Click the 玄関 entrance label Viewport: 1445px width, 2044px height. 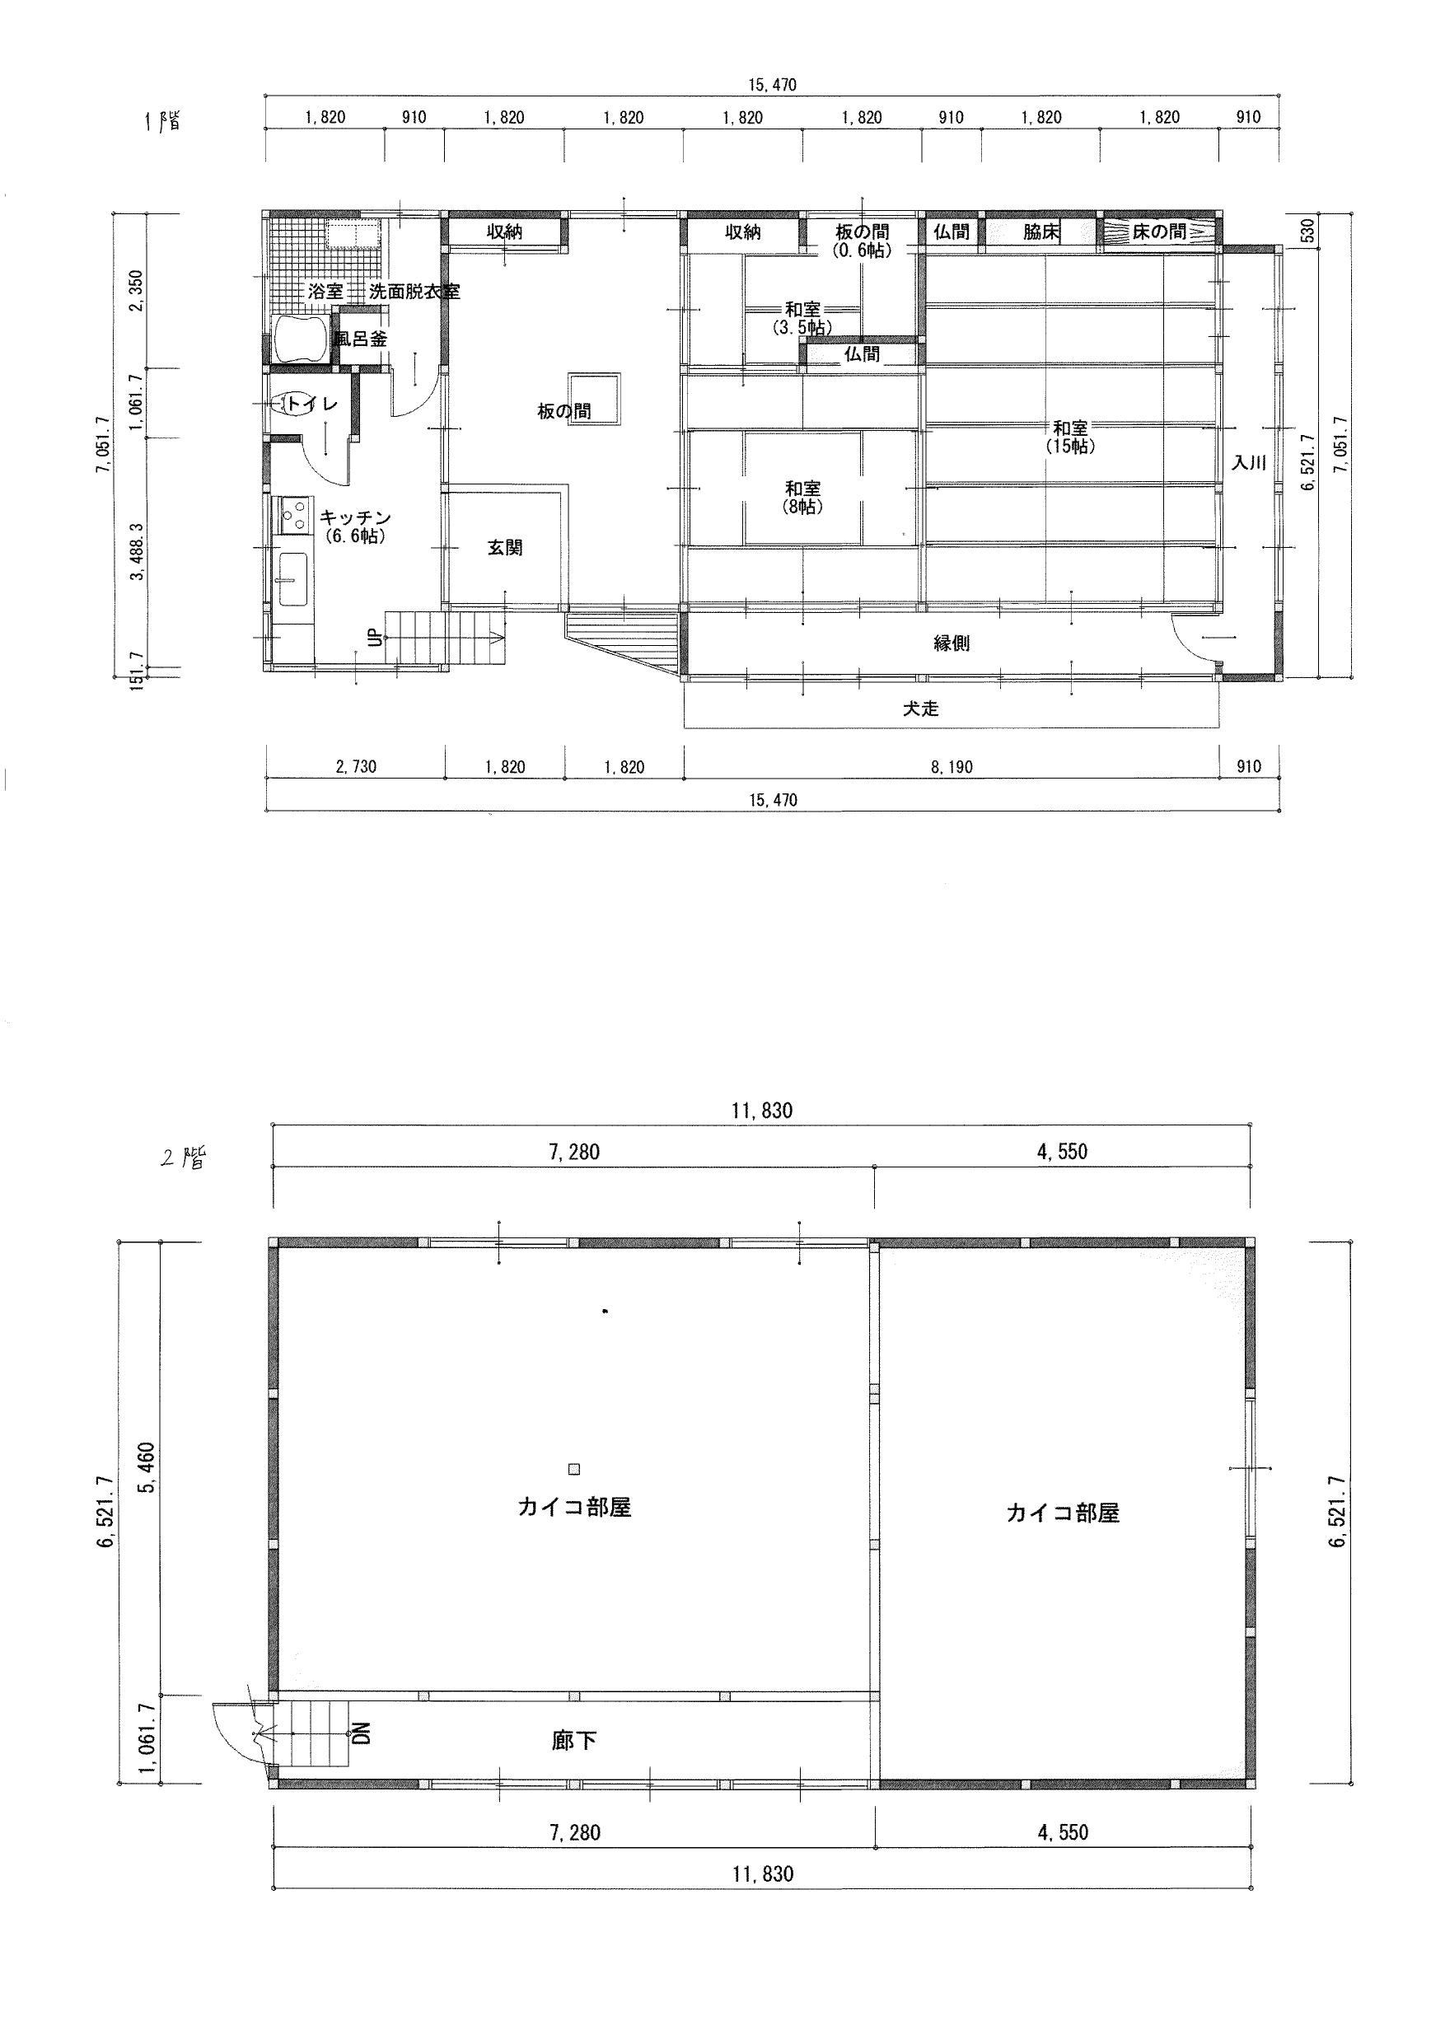click(505, 548)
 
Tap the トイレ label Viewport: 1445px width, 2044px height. click(311, 405)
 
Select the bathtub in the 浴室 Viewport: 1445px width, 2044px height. click(302, 339)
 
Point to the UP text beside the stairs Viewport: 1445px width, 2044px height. click(375, 638)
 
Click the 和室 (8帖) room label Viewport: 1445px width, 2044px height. click(803, 498)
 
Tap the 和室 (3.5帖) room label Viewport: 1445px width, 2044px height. click(803, 319)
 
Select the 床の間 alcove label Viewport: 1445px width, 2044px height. click(1159, 232)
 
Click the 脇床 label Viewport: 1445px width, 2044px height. click(1040, 232)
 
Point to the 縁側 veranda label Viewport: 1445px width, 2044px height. click(951, 643)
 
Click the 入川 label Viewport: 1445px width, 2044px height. click(1249, 463)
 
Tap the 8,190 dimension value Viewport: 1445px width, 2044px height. click(951, 766)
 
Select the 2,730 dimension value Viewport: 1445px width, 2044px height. click(354, 766)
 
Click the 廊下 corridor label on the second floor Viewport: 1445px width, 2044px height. click(574, 1741)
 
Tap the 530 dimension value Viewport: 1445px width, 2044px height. click(1307, 231)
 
